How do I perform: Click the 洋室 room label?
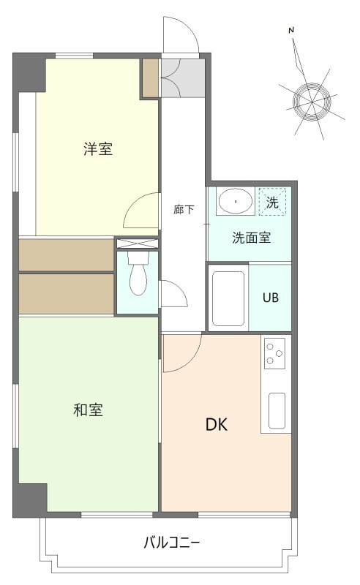tap(97, 149)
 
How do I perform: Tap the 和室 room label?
tap(88, 410)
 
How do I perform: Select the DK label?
tap(216, 425)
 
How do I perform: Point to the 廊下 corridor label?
tap(184, 210)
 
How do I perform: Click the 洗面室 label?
tap(252, 238)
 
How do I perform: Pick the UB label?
tap(271, 298)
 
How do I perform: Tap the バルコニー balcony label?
tap(171, 543)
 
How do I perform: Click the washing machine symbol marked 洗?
tap(272, 203)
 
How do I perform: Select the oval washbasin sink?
tap(236, 200)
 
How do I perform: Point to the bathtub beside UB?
tap(228, 298)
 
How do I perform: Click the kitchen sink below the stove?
tap(277, 410)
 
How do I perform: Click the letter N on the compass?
tap(291, 30)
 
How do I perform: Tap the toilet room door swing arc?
tap(174, 295)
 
